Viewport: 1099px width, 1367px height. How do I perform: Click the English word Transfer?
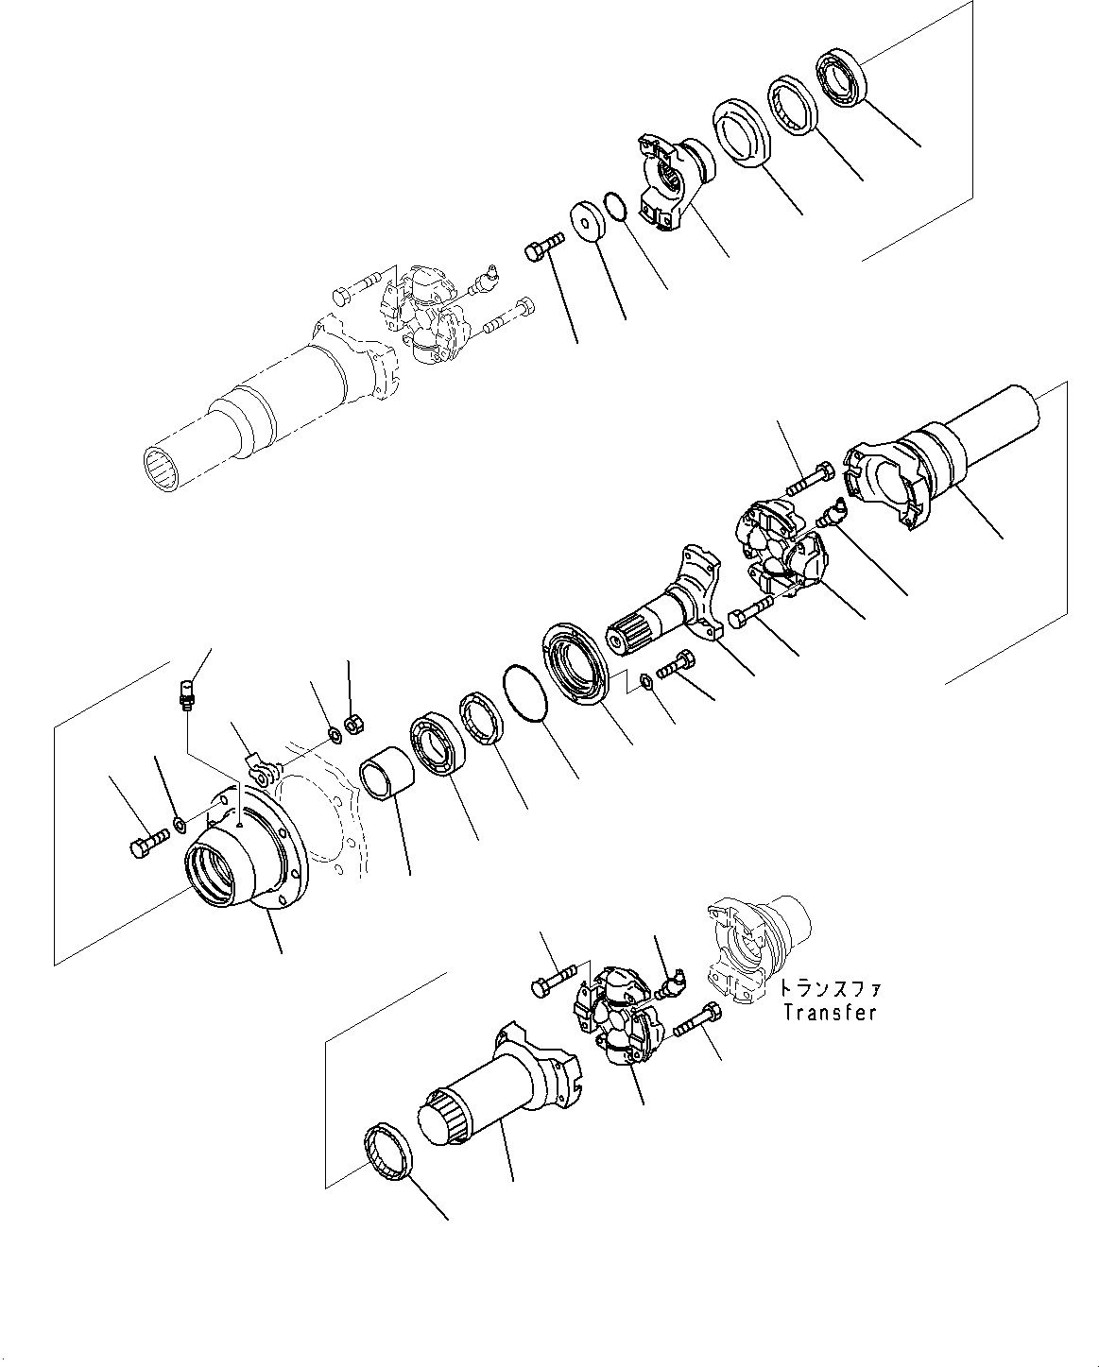(x=829, y=1012)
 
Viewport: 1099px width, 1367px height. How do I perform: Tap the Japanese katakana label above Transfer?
(x=829, y=989)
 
